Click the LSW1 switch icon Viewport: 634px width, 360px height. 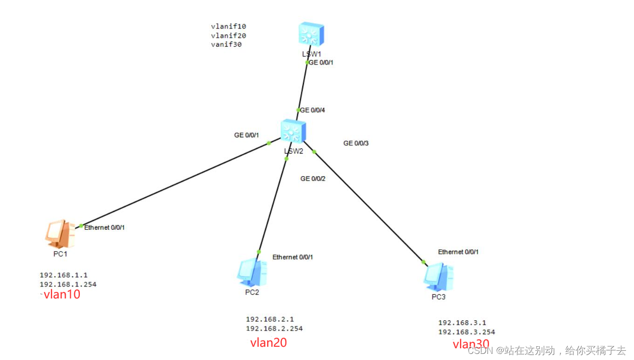(x=311, y=34)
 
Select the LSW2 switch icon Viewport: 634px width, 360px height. (x=293, y=131)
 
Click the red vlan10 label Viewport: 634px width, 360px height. (x=62, y=294)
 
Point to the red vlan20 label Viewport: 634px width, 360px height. (x=268, y=343)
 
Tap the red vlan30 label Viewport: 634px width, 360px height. (x=471, y=344)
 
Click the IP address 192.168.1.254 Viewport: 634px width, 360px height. (x=68, y=284)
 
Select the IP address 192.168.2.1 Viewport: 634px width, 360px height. (x=270, y=319)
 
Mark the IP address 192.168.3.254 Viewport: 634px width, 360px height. (x=467, y=332)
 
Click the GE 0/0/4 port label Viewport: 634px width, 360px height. (x=312, y=110)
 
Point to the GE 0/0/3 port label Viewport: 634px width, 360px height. (x=356, y=143)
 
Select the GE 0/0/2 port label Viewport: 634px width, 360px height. (x=313, y=178)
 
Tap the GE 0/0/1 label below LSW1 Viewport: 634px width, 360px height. (x=321, y=63)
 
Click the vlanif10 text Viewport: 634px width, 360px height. (x=228, y=26)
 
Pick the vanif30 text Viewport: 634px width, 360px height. (x=226, y=44)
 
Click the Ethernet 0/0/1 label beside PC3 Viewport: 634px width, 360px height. (x=458, y=252)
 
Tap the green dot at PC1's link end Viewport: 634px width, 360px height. (x=81, y=225)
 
